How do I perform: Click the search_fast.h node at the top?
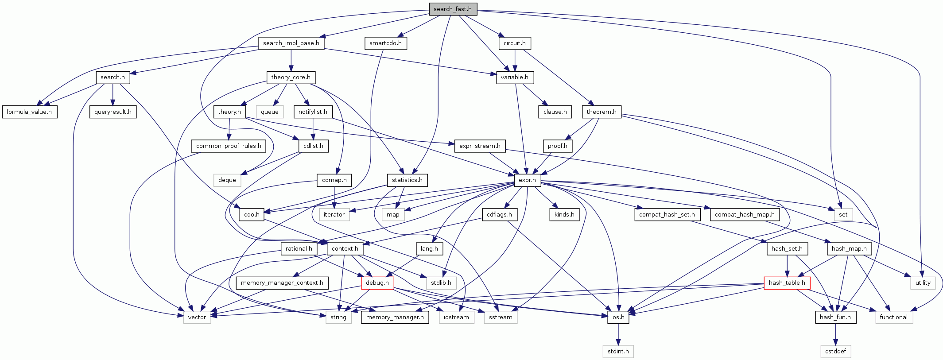(x=452, y=9)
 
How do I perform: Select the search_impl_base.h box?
(x=291, y=43)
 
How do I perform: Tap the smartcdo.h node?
(x=385, y=43)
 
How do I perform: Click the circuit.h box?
(x=515, y=43)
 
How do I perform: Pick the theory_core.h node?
(x=291, y=77)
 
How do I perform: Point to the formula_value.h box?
(x=29, y=112)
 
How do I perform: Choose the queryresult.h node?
(x=113, y=112)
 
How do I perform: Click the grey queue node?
(x=269, y=112)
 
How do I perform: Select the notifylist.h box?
(x=313, y=112)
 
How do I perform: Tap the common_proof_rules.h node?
(x=229, y=146)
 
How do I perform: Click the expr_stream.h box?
(x=480, y=146)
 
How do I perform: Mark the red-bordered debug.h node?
(x=377, y=283)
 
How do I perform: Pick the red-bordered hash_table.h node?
(x=787, y=283)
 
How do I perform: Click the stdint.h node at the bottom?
(x=618, y=351)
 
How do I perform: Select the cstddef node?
(x=835, y=351)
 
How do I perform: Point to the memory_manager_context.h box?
(x=282, y=283)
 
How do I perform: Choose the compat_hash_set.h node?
(x=667, y=214)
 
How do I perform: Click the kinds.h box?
(x=564, y=214)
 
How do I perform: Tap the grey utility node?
(x=923, y=283)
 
